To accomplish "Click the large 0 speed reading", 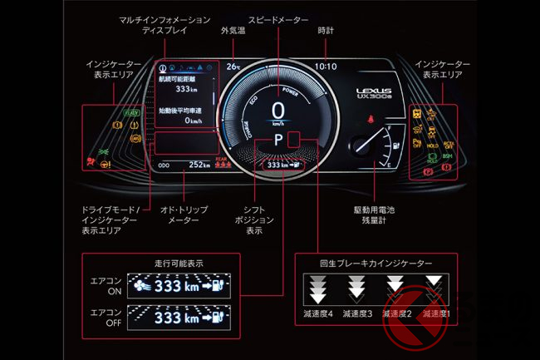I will (277, 110).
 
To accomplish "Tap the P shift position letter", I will (277, 142).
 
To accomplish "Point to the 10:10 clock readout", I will (326, 66).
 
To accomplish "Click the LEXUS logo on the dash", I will (371, 94).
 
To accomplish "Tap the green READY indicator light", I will (131, 113).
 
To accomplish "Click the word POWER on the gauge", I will (291, 91).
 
